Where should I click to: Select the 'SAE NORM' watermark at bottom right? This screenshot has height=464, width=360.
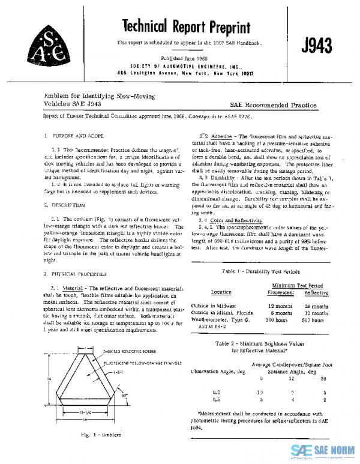coord(325,451)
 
